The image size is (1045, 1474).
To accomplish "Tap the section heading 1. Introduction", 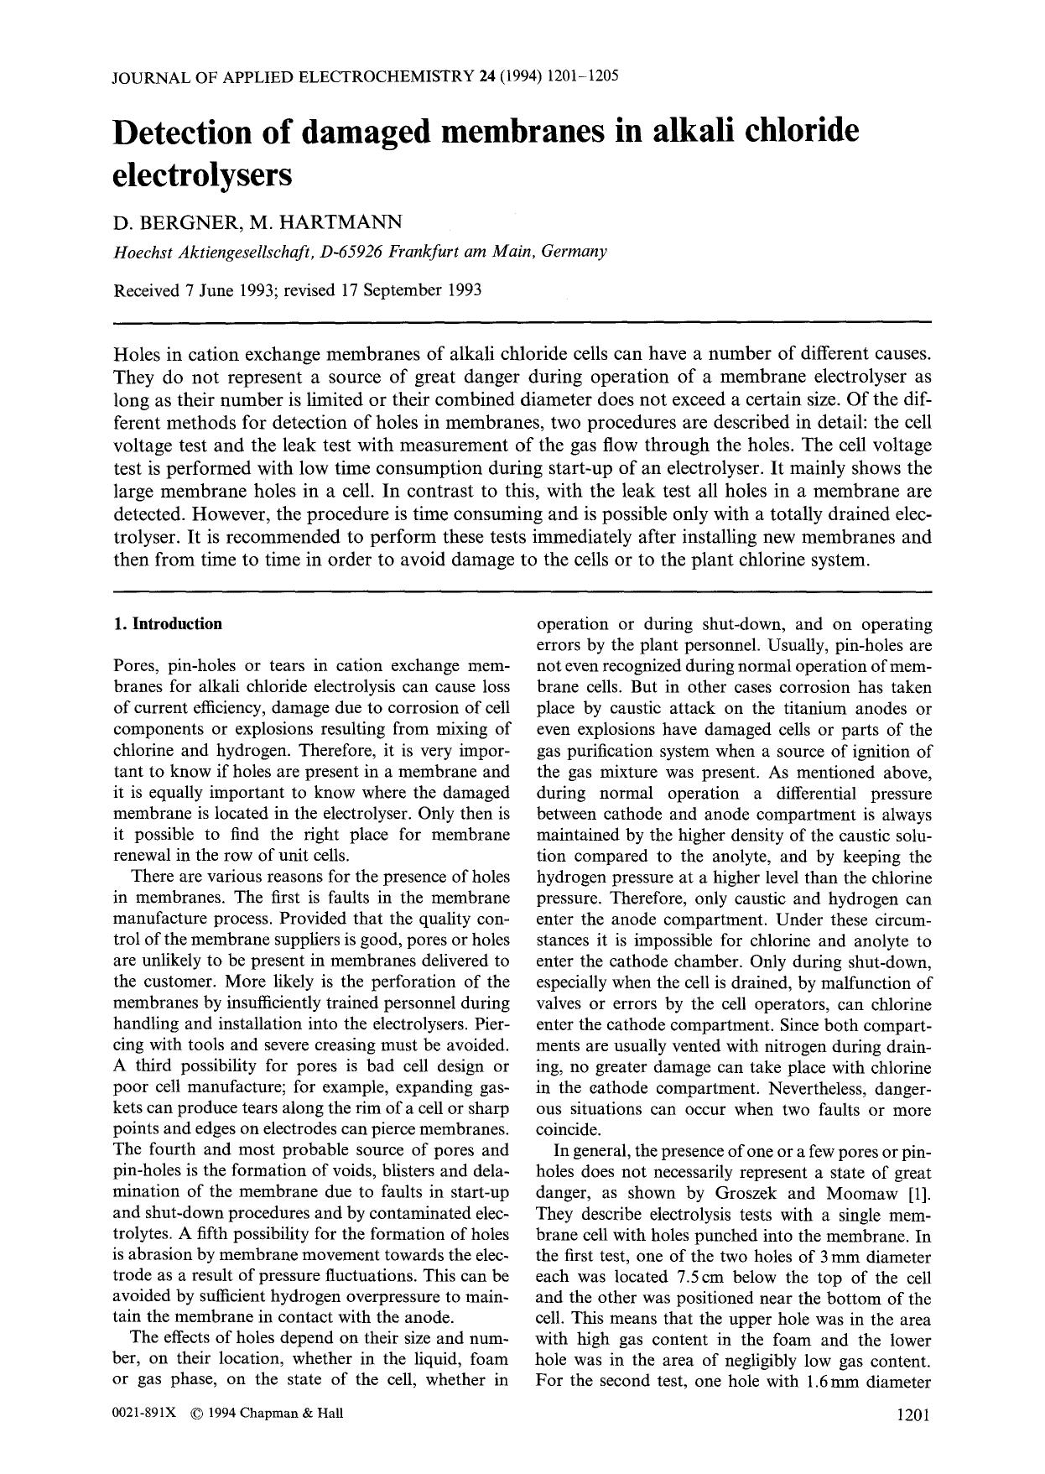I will (168, 623).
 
